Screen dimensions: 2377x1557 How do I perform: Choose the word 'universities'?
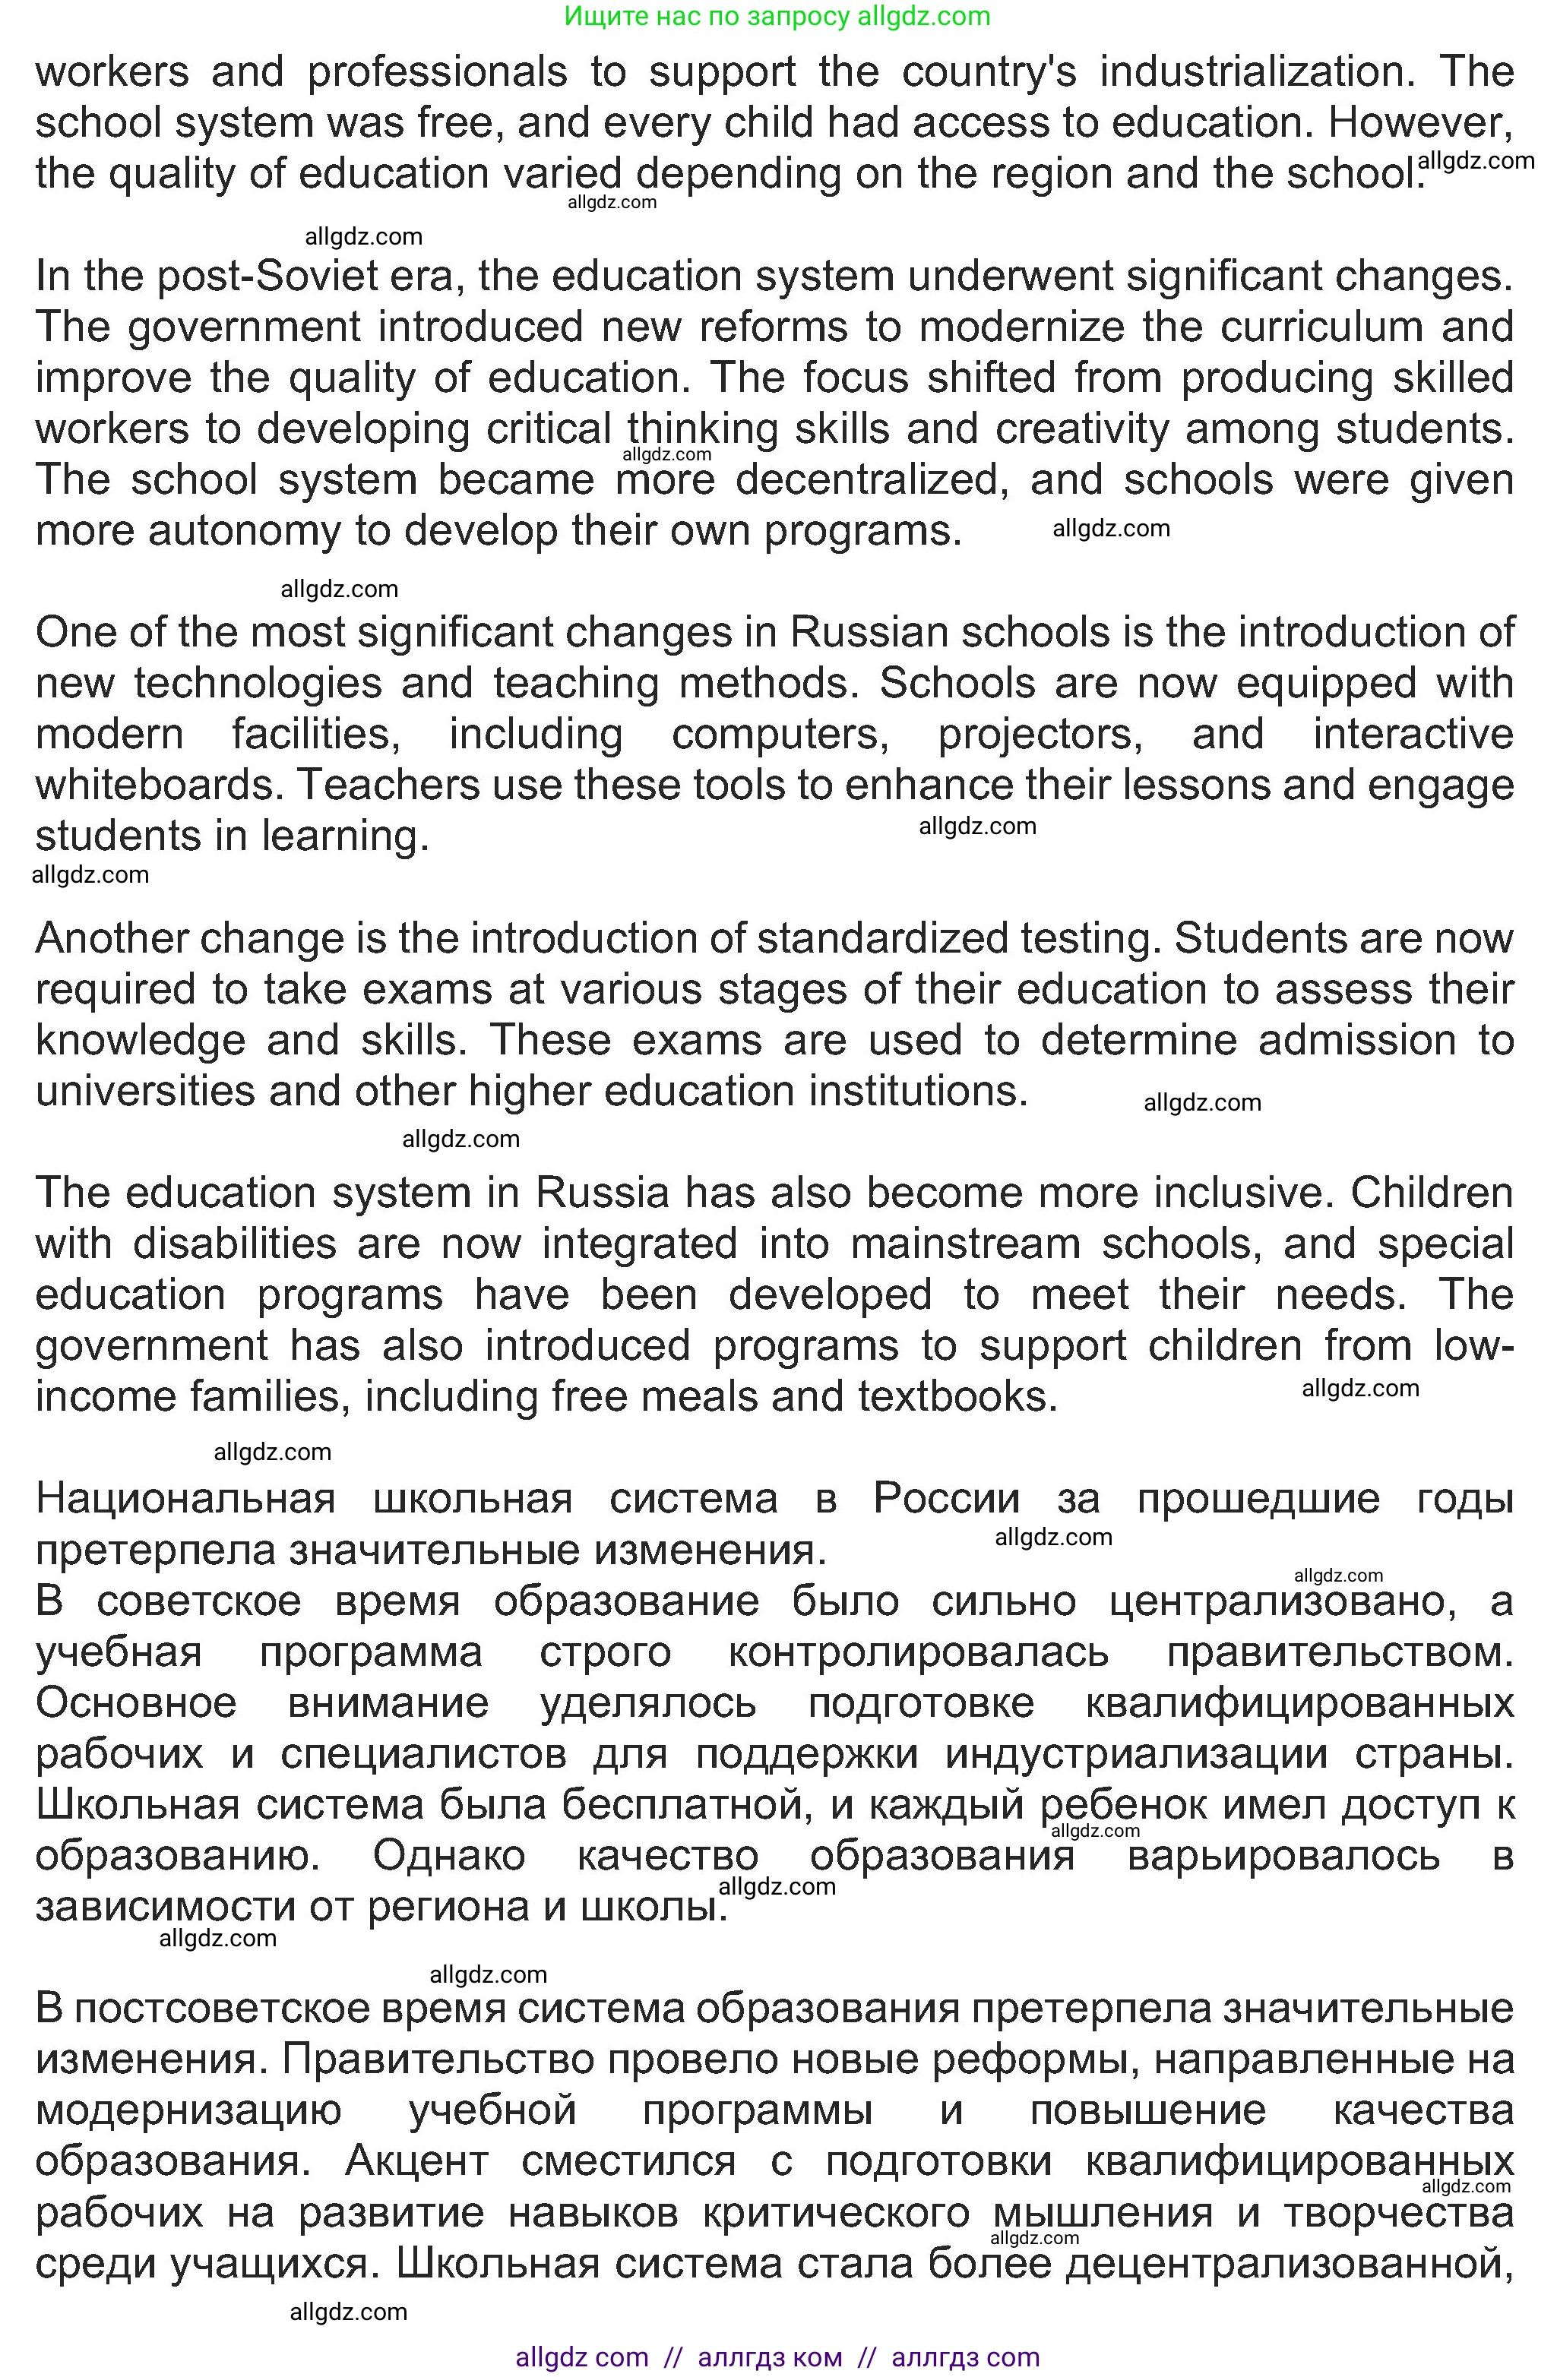[140, 1092]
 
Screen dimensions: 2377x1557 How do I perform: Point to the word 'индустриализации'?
[1138, 1755]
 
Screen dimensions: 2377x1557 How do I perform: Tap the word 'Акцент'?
[416, 2161]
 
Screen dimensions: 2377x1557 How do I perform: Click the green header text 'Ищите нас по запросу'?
[705, 16]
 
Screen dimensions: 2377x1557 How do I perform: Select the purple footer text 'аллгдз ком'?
[769, 2358]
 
